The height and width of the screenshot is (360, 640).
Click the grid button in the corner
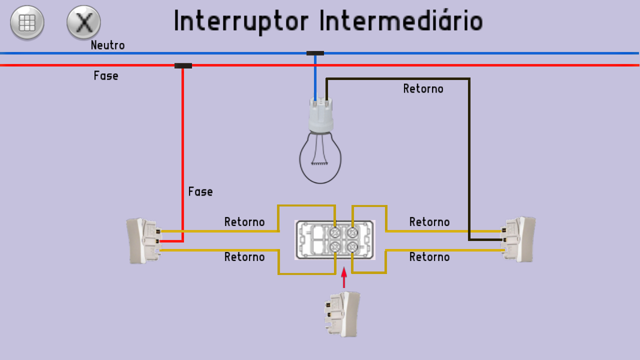point(27,22)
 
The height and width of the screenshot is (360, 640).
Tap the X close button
point(83,22)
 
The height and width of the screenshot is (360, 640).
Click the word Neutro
point(107,45)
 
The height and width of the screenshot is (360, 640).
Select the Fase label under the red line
point(106,76)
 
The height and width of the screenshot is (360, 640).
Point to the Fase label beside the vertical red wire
point(200,192)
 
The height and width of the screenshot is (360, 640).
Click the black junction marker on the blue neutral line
point(315,53)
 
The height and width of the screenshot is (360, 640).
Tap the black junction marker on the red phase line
point(183,65)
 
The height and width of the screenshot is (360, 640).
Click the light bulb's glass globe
point(320,159)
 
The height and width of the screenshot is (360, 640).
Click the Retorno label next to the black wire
point(423,89)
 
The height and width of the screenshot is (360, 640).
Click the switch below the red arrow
point(342,314)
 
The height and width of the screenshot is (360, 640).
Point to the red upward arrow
point(344,277)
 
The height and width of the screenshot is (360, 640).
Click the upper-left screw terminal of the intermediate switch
point(334,232)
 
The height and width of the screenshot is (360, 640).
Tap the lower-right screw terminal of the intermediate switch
point(352,246)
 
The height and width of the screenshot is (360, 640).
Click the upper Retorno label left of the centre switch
point(244,222)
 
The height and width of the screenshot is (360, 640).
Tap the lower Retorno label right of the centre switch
point(429,257)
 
